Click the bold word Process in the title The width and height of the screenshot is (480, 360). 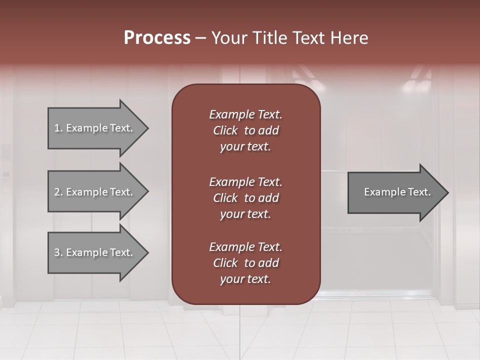157,38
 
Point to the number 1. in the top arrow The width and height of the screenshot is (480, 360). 58,128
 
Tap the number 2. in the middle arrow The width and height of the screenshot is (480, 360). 58,192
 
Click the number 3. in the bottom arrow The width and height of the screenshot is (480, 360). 58,252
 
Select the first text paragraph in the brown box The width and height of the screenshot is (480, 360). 245,130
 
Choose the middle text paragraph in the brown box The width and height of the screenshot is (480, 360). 245,197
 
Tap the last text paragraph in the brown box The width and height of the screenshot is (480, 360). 245,263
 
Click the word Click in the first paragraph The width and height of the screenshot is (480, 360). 225,130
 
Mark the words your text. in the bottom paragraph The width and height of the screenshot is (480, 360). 245,279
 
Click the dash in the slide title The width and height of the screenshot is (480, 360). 200,38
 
